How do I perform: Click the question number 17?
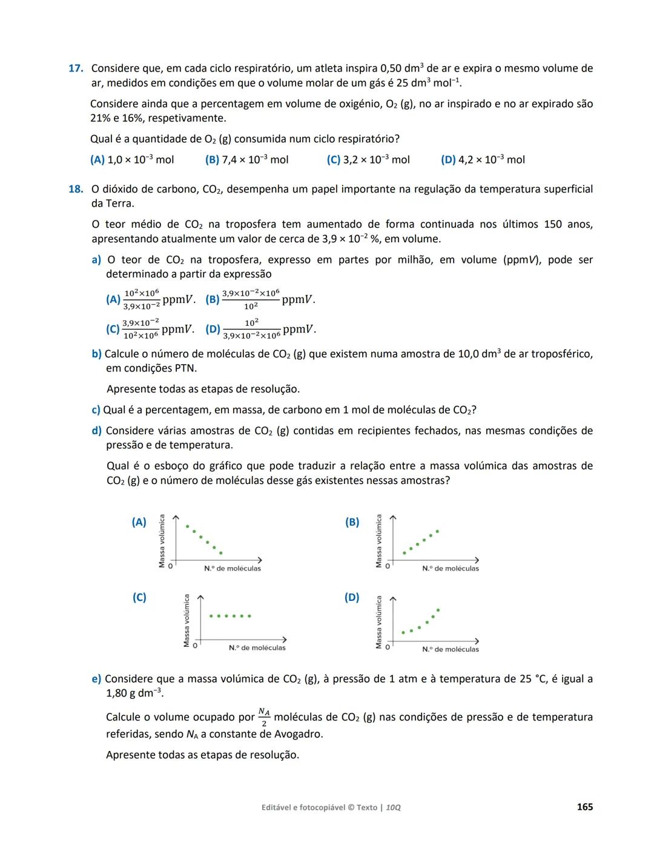(75, 68)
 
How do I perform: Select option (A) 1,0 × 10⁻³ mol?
(132, 160)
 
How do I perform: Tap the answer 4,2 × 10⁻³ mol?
(483, 160)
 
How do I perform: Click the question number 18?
(75, 189)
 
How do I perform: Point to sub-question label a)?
(96, 260)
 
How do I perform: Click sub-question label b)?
(96, 354)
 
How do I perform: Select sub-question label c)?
(96, 410)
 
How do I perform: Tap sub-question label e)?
(96, 679)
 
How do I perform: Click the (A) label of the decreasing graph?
(139, 522)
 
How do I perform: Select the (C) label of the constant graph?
(139, 597)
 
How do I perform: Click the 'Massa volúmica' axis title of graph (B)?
(379, 541)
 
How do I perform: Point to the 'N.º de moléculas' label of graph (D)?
(451, 649)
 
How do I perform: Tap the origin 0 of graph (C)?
(195, 646)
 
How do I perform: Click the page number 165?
(584, 807)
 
